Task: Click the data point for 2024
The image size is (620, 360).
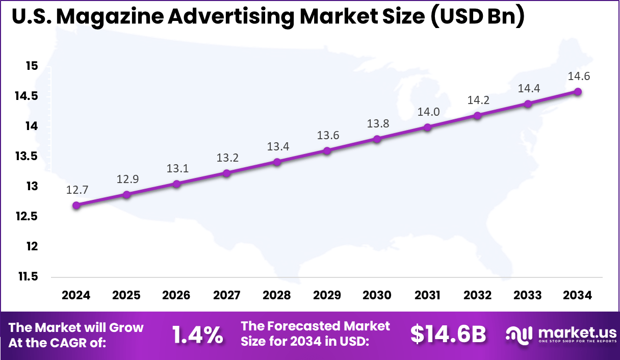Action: [76, 205]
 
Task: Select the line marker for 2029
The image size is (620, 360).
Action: [327, 150]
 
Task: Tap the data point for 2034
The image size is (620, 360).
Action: [578, 91]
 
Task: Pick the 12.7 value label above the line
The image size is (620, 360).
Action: [76, 190]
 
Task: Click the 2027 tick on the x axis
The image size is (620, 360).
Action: [227, 296]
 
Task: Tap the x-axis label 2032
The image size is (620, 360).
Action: [477, 296]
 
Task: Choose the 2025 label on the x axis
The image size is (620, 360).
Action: [126, 296]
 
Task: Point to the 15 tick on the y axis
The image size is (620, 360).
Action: [32, 66]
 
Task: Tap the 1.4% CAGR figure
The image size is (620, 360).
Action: [197, 335]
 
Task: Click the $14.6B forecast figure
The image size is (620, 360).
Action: [448, 335]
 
